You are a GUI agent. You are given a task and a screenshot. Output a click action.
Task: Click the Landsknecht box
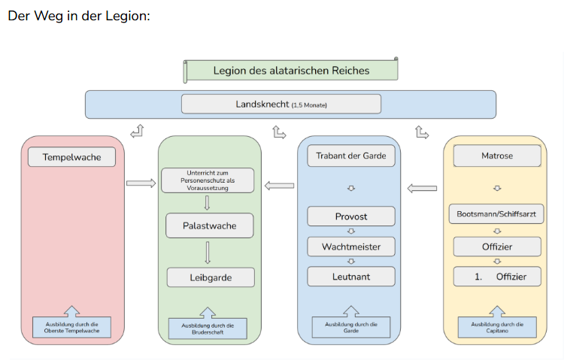click(x=280, y=104)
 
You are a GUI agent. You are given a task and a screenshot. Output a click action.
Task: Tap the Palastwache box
click(x=210, y=225)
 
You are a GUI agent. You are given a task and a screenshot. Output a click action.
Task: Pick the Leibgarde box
click(x=210, y=277)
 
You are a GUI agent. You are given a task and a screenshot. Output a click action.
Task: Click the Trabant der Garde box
click(x=350, y=156)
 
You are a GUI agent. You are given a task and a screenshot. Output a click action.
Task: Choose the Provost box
click(x=350, y=216)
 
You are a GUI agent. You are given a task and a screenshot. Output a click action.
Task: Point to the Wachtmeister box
click(x=350, y=247)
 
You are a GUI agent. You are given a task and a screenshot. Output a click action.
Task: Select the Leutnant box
click(x=350, y=277)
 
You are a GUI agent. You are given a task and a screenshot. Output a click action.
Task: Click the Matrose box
click(x=496, y=156)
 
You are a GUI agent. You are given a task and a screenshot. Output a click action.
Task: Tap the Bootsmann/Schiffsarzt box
click(x=496, y=214)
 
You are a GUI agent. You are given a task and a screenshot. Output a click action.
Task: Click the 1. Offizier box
click(x=496, y=277)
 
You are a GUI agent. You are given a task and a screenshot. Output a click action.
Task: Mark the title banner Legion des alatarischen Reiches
click(x=291, y=71)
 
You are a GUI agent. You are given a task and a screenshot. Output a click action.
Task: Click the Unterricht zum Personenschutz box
click(x=207, y=180)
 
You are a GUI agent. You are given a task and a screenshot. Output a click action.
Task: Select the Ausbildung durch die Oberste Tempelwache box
click(x=71, y=328)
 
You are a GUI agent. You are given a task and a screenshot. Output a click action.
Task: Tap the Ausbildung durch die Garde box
click(x=350, y=328)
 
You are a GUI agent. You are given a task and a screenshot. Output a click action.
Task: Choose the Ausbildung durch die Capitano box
click(x=496, y=328)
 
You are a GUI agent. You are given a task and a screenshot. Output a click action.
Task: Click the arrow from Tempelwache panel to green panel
click(x=141, y=183)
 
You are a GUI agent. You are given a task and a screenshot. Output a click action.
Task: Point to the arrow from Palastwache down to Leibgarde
click(x=207, y=252)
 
